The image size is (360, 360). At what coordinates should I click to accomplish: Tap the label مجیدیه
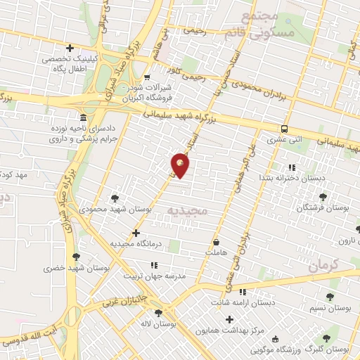pyautogui.click(x=186, y=209)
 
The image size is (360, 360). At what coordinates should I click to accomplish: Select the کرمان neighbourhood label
pyautogui.click(x=323, y=265)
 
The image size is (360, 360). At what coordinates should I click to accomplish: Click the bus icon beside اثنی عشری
pyautogui.click(x=284, y=129)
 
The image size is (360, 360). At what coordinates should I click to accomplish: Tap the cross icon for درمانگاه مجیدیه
pyautogui.click(x=136, y=233)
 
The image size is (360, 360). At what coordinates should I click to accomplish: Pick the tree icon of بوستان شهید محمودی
pyautogui.click(x=115, y=198)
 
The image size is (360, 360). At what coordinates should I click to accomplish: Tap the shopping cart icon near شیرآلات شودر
pyautogui.click(x=146, y=78)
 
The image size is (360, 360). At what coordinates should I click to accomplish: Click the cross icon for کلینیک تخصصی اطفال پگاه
pyautogui.click(x=69, y=48)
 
